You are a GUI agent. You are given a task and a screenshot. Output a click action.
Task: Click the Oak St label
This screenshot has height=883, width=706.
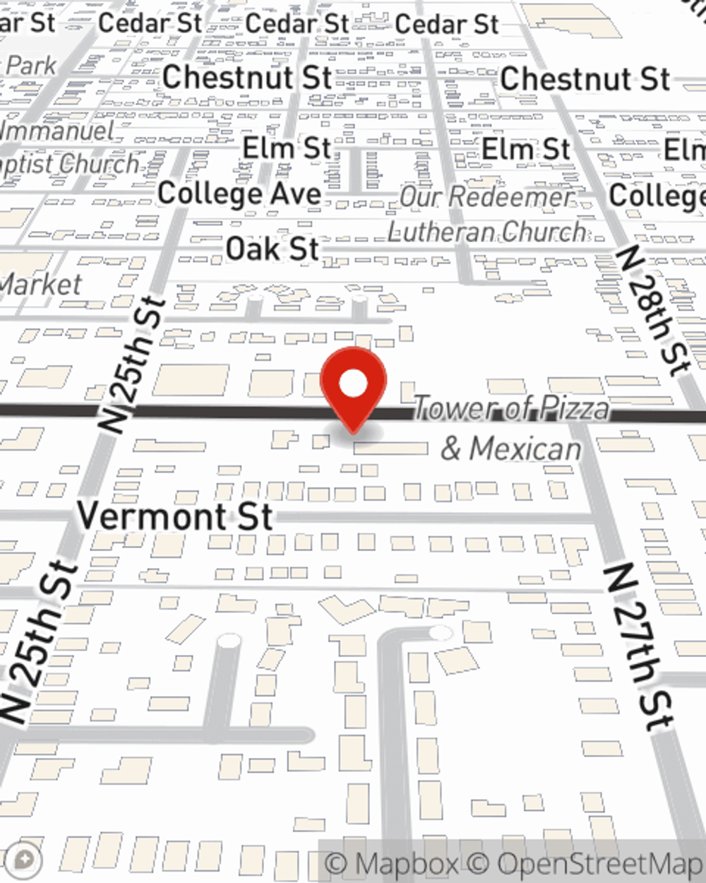[272, 249]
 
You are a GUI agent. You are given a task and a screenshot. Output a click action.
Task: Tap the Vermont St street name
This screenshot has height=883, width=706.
[174, 516]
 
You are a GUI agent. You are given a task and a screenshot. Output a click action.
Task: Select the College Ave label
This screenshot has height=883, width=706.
[239, 194]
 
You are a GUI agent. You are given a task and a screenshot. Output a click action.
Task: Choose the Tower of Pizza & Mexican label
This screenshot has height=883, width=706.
[511, 428]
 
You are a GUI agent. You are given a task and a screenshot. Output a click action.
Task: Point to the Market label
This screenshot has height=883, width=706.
[40, 285]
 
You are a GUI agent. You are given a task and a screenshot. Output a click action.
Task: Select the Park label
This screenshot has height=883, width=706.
[31, 66]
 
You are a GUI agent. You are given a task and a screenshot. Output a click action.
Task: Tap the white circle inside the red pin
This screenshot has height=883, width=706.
[353, 384]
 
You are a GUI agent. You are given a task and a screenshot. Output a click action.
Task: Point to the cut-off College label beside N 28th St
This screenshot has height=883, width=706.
[657, 196]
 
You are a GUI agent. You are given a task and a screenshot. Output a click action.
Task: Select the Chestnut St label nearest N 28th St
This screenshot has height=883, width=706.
[585, 78]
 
